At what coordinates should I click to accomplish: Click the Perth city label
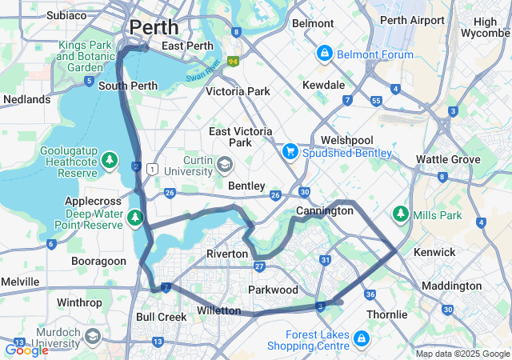pos(154,26)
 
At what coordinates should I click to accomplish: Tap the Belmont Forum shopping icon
pos(324,54)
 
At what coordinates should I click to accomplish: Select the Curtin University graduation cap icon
pos(225,166)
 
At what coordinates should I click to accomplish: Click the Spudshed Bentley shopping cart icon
pos(290,151)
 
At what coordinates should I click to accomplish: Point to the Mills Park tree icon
pos(400,214)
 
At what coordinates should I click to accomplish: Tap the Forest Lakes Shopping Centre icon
pos(361,339)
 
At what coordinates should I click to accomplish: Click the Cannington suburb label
pos(324,211)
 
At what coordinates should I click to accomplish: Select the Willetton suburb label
pos(218,310)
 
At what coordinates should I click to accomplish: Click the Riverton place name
pos(227,254)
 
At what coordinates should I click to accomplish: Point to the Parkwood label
pos(274,290)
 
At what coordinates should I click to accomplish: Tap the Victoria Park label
pos(238,91)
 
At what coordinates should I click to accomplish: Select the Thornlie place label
pos(387,314)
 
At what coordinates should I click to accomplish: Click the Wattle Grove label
pos(448,159)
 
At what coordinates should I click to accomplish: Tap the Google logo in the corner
pos(26,350)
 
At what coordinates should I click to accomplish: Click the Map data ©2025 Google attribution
pos(462,354)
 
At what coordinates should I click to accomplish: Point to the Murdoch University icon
pos(92,335)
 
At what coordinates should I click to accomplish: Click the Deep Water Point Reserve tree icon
pos(135,217)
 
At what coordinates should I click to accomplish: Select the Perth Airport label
pos(412,19)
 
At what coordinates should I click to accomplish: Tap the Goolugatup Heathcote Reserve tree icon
pos(110,161)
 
